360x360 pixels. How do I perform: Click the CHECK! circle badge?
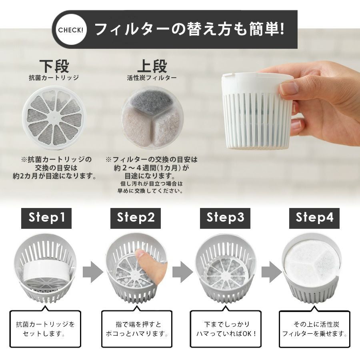[x=70, y=30]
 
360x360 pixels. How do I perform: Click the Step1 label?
[x=46, y=218]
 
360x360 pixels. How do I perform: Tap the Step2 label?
[x=136, y=218]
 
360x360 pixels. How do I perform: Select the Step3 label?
[x=225, y=218]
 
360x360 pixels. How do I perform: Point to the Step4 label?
[x=314, y=218]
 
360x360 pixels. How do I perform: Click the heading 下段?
[x=54, y=66]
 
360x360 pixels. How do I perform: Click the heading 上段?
[x=152, y=66]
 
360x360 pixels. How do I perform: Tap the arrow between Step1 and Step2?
[x=93, y=272]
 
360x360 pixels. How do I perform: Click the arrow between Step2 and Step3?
[x=182, y=272]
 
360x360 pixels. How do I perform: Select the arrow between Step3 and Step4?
[x=272, y=272]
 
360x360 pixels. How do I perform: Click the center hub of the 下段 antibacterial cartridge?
[x=54, y=117]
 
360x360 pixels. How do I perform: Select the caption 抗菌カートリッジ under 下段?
[x=54, y=78]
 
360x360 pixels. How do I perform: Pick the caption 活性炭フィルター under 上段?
[x=152, y=78]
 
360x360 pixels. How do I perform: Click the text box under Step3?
[x=226, y=329]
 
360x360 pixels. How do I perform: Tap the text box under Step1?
[x=45, y=329]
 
